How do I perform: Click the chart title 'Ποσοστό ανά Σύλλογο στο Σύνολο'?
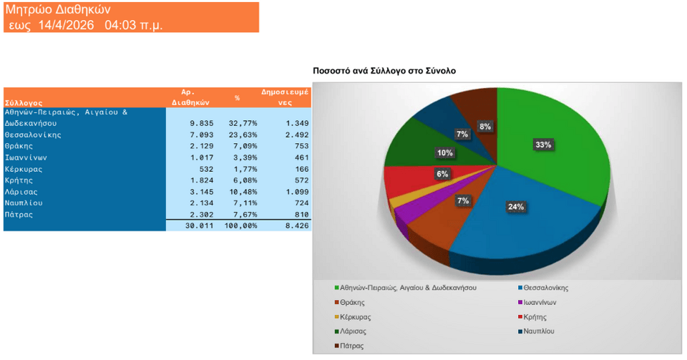coord(384,71)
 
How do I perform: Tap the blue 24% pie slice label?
coord(516,208)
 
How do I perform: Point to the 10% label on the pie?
coord(445,153)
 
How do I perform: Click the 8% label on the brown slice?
coord(485,127)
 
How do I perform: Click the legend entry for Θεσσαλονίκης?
coord(546,288)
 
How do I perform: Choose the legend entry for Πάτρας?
coord(353,346)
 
